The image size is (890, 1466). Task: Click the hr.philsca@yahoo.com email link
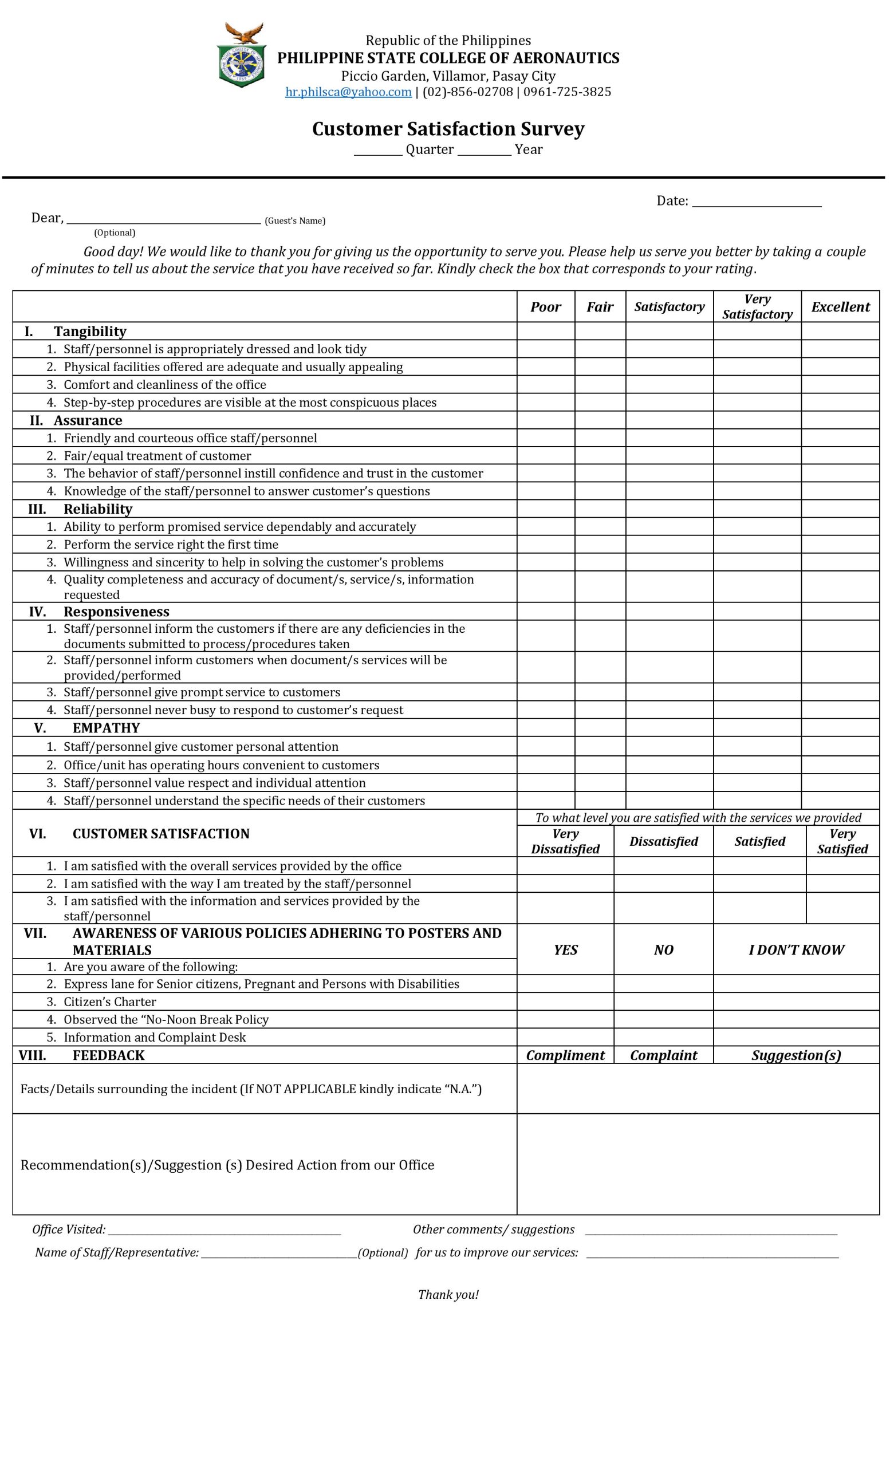348,92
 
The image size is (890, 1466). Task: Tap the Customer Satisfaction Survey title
448,129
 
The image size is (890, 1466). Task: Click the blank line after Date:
757,202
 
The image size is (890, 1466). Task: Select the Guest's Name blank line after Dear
164,219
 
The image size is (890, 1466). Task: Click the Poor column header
546,307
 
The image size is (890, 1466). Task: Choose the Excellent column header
840,307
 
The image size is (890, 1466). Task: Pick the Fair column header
600,307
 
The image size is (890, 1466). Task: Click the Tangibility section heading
90,332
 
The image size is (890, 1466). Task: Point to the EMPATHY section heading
106,728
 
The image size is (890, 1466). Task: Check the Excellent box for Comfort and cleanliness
840,384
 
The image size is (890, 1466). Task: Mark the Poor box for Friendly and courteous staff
546,438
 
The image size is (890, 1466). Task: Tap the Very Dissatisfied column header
565,841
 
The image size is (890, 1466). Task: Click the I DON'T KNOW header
796,949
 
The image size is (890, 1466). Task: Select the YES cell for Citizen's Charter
565,1002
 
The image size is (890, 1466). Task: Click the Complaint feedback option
663,1055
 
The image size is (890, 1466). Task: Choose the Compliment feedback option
565,1055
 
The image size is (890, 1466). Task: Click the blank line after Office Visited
225,1231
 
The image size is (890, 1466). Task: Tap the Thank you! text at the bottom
448,1295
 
